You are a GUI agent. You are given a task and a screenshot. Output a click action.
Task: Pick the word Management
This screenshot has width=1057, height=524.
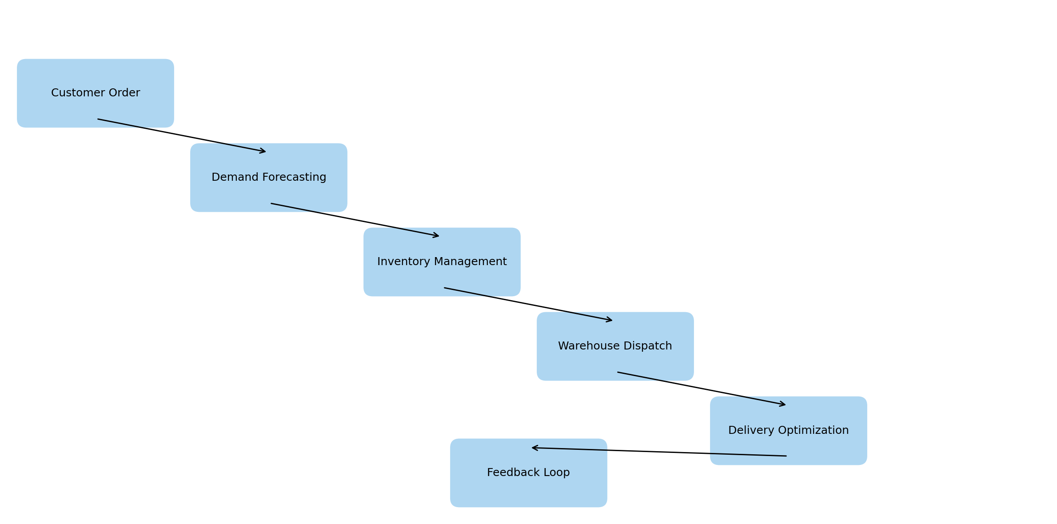click(x=471, y=262)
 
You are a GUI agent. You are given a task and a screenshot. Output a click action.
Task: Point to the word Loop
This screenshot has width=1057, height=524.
click(x=557, y=472)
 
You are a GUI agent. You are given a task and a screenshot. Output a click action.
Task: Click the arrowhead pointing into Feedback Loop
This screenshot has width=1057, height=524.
click(x=534, y=448)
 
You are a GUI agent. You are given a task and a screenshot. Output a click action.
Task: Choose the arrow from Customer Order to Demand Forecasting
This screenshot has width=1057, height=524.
click(x=182, y=135)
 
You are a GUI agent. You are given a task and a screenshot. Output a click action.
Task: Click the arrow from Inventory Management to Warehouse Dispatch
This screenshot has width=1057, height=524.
click(x=528, y=304)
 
